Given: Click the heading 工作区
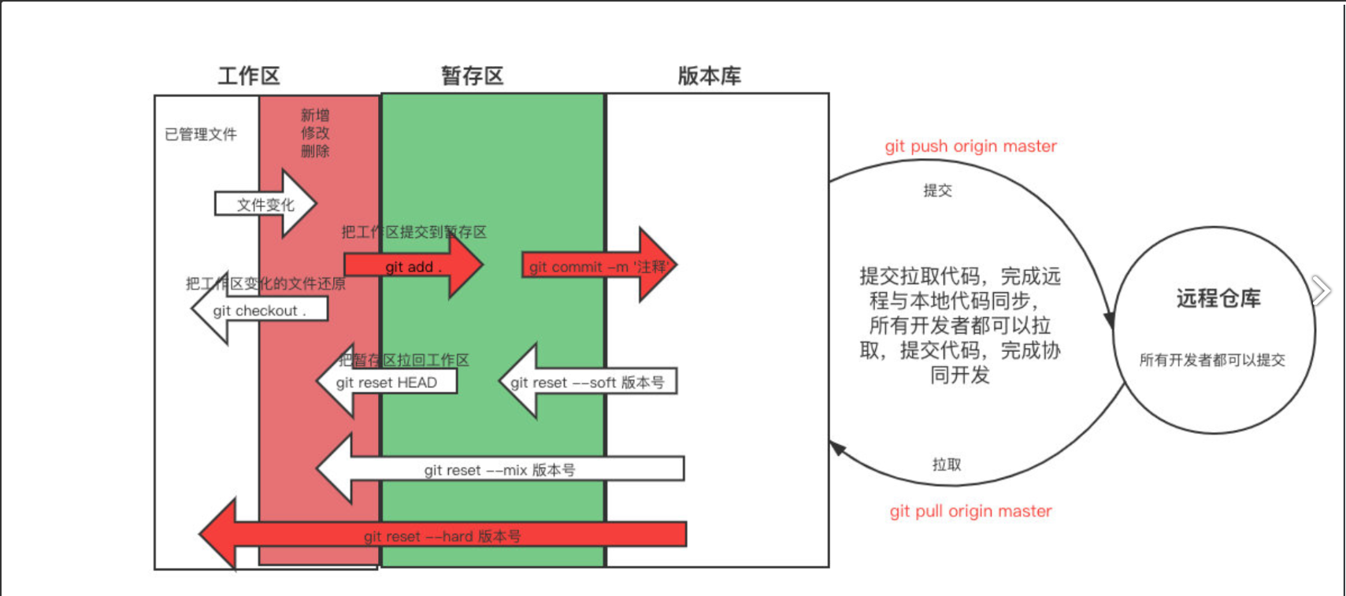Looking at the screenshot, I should [249, 76].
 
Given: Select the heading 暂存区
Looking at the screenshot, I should [472, 76].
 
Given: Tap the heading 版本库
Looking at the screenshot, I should [709, 76].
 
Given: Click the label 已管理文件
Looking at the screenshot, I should [201, 135].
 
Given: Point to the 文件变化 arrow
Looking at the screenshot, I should [265, 205].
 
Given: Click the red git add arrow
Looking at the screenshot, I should [413, 267].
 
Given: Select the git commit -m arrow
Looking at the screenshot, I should [599, 267].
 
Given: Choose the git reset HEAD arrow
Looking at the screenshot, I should [386, 383].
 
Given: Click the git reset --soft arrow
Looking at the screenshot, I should [587, 383].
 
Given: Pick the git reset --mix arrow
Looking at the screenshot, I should [499, 470].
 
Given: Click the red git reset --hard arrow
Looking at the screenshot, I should [442, 536].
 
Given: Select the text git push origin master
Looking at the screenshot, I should [970, 146].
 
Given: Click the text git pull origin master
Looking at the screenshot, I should [970, 511].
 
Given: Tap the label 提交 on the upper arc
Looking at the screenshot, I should [937, 191].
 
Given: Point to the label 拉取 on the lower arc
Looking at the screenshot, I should [947, 465].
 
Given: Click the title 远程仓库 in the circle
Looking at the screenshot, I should [1218, 298].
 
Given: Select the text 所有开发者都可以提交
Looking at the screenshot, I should [1212, 360].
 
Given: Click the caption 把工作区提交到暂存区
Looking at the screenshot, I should [413, 232].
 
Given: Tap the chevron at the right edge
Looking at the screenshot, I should [1322, 291].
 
